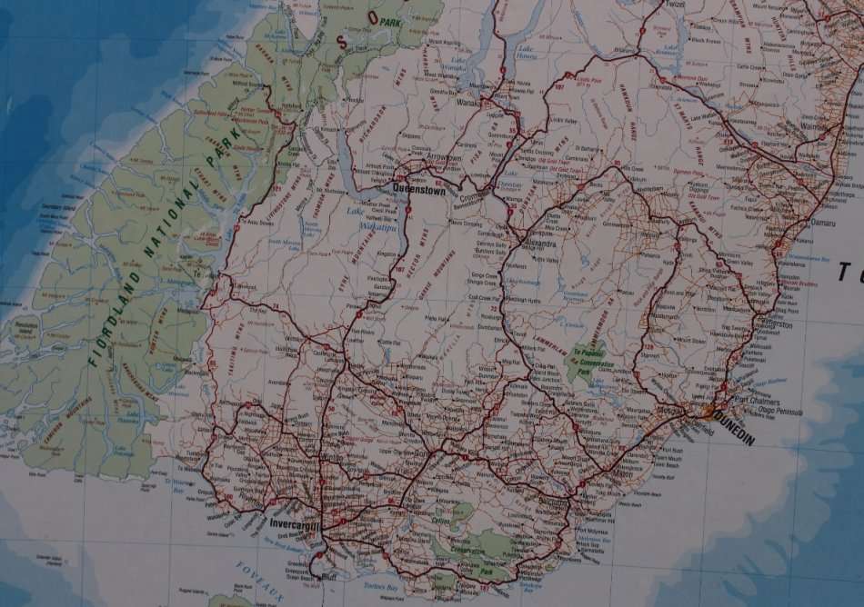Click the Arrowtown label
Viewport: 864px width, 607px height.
point(444,158)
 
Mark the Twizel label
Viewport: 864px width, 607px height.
point(672,5)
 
